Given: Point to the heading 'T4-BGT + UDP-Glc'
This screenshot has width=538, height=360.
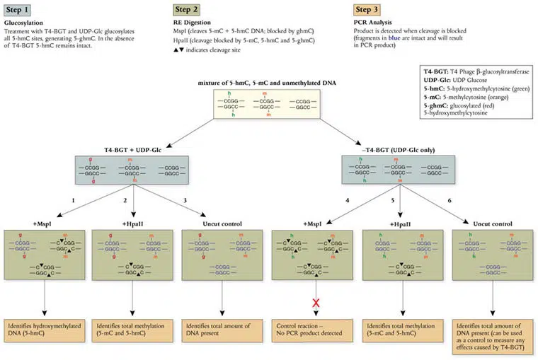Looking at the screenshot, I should click(x=134, y=150).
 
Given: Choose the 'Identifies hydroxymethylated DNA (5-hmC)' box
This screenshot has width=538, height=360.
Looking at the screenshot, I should click(x=46, y=332).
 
